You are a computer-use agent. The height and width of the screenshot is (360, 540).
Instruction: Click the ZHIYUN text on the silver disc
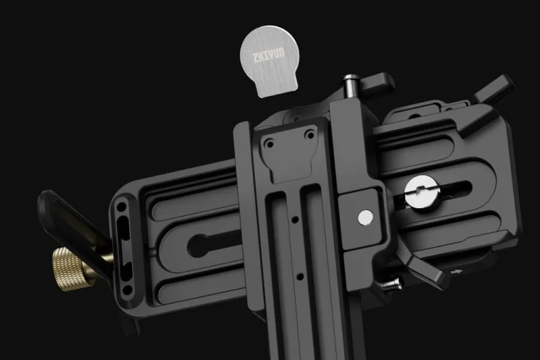[x=269, y=55]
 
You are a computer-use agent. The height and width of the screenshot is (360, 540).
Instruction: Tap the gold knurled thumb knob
[x=74, y=268]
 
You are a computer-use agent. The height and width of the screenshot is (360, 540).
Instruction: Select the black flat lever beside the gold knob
[x=74, y=227]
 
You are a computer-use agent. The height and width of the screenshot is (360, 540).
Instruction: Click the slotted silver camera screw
[x=421, y=192]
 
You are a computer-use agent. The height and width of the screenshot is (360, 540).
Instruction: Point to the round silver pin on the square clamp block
[x=365, y=217]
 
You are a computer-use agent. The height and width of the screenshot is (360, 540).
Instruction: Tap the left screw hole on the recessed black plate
[x=269, y=143]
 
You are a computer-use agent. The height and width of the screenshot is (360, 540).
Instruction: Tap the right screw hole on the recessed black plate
[x=310, y=135]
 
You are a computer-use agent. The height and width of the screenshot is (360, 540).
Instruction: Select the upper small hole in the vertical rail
[x=295, y=219]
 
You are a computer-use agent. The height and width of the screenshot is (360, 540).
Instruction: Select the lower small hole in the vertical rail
[x=300, y=276]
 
